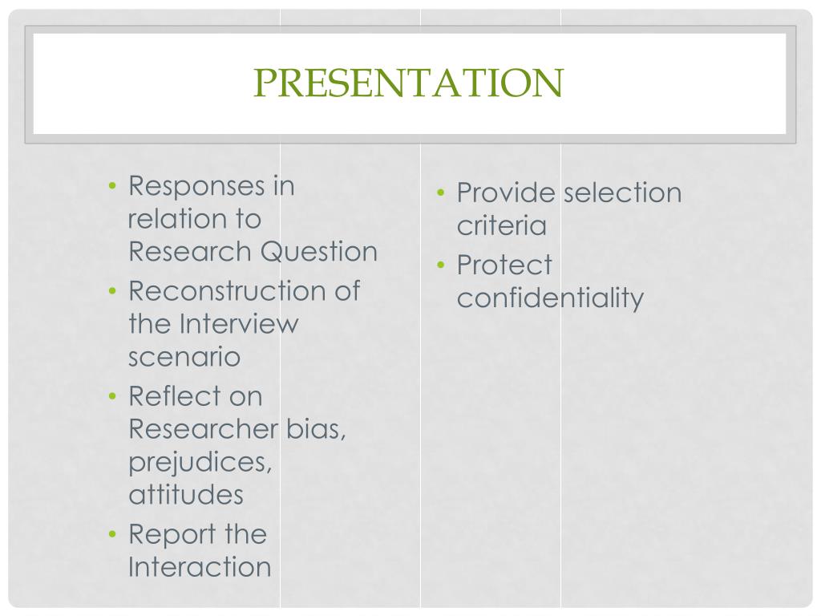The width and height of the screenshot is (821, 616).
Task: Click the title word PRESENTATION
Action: (x=409, y=83)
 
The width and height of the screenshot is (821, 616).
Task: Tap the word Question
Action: (x=319, y=252)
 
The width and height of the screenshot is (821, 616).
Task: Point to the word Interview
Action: (x=238, y=324)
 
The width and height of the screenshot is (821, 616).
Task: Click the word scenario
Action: (x=184, y=357)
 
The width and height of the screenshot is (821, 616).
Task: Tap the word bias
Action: (x=316, y=429)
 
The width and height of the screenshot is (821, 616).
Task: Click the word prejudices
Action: (x=200, y=463)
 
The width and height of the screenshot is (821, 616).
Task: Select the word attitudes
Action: (x=185, y=495)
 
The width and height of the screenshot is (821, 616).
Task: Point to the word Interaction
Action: (x=200, y=567)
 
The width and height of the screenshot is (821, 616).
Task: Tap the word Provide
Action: (x=506, y=192)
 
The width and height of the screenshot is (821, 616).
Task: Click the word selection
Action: (x=622, y=192)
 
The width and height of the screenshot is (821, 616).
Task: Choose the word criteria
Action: (x=501, y=225)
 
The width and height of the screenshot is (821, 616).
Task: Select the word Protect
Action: (x=504, y=265)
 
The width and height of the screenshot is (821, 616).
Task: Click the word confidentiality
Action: (x=550, y=298)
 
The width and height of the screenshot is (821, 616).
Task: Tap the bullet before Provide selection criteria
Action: (x=441, y=193)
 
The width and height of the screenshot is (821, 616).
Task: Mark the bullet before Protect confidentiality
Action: (x=441, y=265)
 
